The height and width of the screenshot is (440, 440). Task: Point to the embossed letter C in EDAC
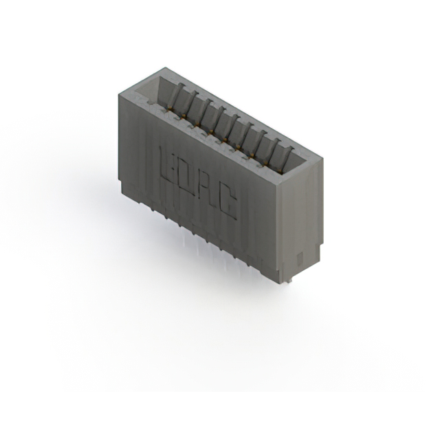228,203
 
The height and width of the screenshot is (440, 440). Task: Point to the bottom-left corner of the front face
120,180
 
